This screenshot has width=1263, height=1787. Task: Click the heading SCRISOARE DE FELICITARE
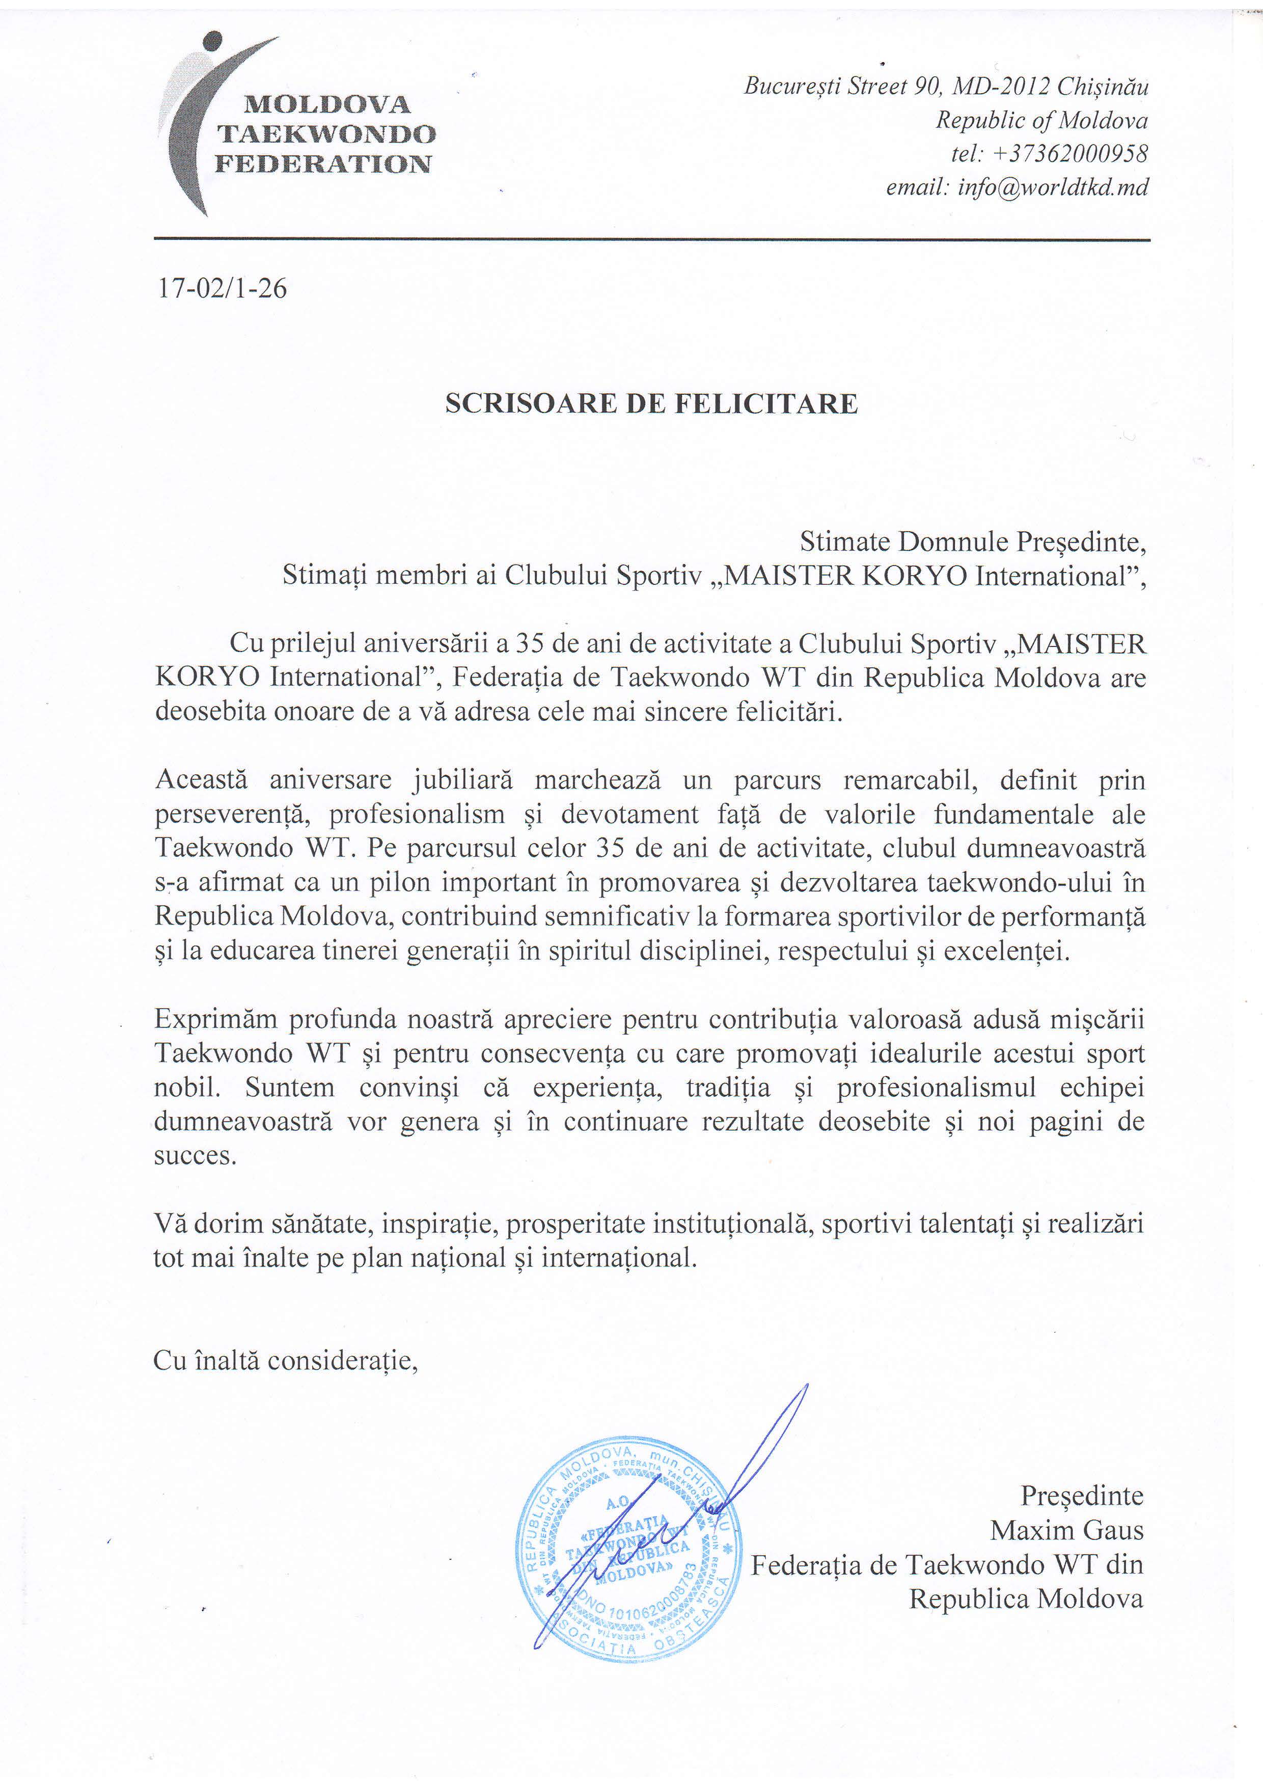651,404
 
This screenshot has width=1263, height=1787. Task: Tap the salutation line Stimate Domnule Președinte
973,541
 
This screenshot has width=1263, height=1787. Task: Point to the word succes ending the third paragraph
195,1156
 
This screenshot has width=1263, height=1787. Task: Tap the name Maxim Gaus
1066,1530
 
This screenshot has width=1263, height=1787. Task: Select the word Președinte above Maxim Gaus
1082,1495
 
